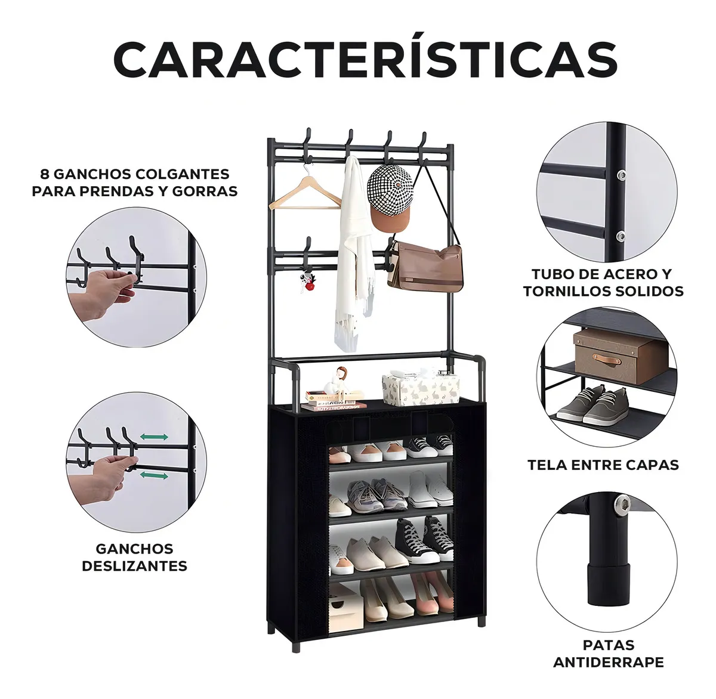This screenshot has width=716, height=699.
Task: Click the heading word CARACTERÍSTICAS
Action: coord(365,60)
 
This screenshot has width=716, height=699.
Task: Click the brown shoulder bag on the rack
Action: coord(426,264)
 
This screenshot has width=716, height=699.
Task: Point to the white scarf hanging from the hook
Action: coord(354,253)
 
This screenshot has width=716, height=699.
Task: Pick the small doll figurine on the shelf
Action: coord(337,382)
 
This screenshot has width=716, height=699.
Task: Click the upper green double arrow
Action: coord(154,437)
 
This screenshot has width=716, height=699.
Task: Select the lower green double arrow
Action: coord(154,475)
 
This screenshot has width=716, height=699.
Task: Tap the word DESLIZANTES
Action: coord(135,566)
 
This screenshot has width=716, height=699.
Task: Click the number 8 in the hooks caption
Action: coord(45,174)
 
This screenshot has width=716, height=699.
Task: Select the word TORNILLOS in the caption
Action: coord(565,291)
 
